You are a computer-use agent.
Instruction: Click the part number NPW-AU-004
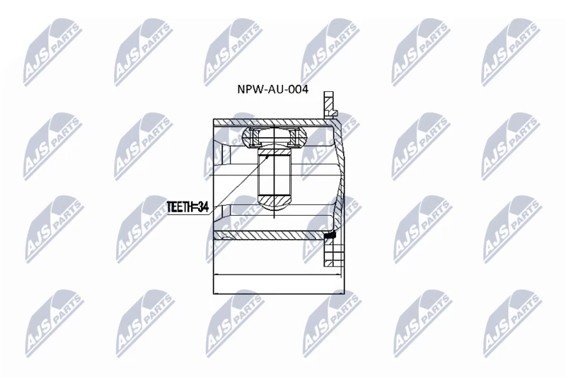point(272,89)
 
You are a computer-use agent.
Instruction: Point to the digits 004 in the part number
point(298,89)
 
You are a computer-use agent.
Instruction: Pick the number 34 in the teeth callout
point(204,207)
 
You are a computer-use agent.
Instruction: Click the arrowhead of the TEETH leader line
point(267,157)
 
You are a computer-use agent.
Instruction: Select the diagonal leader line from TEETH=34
point(239,184)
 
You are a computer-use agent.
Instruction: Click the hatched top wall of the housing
point(272,122)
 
